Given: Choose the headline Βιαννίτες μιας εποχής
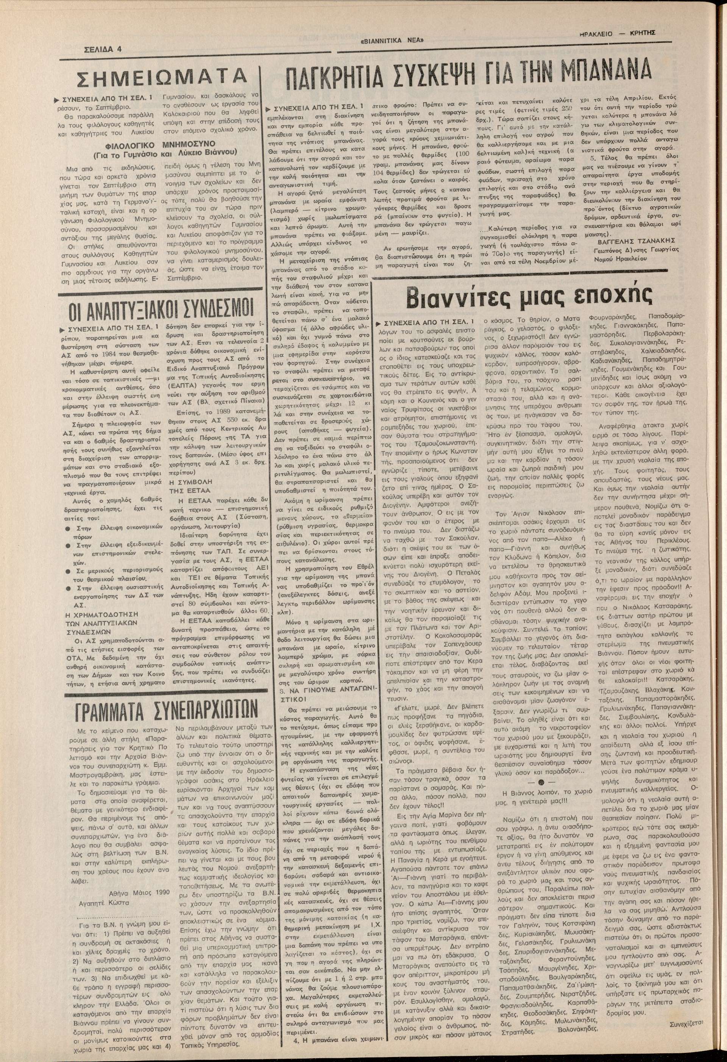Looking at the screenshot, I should pos(514,299).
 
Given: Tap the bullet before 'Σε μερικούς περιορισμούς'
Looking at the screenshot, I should pos(68,572).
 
